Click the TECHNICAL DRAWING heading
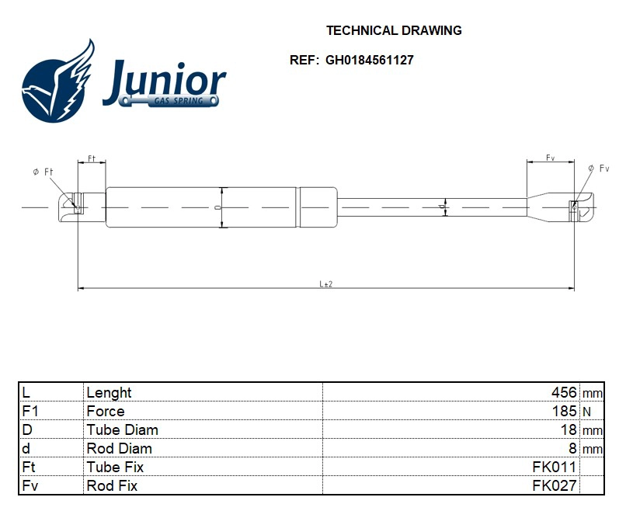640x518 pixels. [394, 31]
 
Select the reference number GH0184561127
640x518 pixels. [369, 60]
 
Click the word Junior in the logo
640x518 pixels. [164, 81]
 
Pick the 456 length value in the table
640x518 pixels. [563, 393]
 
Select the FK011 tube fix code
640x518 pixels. [554, 468]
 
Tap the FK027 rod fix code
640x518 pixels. [554, 486]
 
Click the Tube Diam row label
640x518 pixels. [122, 430]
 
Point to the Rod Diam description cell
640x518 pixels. [119, 449]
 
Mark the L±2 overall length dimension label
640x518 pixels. [325, 284]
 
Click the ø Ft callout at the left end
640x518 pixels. [42, 172]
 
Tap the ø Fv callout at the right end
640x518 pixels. [599, 169]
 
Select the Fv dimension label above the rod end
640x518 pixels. [550, 158]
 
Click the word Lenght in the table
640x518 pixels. [109, 393]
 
